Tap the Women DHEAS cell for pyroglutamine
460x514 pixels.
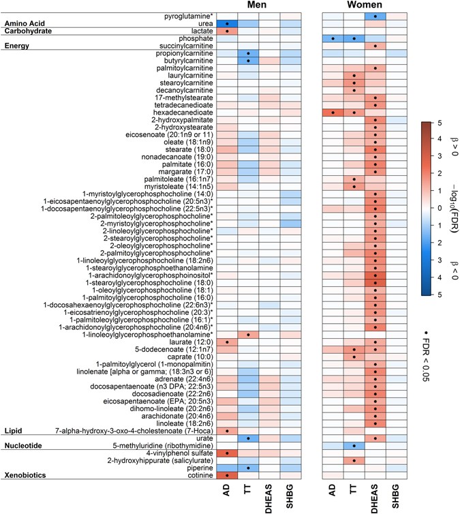coord(375,15)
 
